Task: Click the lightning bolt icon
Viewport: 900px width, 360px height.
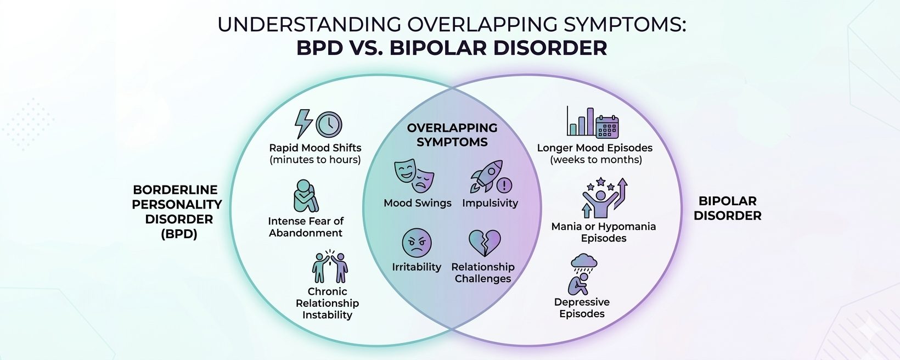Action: coord(303,123)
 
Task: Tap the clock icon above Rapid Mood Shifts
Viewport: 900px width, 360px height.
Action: coord(329,125)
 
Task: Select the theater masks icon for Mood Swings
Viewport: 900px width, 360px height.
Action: coord(414,176)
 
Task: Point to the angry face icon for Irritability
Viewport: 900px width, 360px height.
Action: coord(417,243)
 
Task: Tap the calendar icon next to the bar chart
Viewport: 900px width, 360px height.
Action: coord(607,126)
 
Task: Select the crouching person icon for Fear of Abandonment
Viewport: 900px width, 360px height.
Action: coord(305,196)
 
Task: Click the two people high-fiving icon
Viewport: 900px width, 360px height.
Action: coord(330,267)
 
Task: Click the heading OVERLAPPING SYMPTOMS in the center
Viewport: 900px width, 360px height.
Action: coord(452,135)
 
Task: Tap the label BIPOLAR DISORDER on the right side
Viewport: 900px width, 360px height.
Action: coord(727,208)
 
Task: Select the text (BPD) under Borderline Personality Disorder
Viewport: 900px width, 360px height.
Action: coord(179,234)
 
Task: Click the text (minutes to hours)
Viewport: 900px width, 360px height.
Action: coord(315,160)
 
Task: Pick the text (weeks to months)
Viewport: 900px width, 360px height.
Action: coord(595,160)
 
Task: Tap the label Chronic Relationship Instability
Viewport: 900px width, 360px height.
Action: coord(327,303)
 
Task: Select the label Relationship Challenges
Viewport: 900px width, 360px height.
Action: coord(483,273)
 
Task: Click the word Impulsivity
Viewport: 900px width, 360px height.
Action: coord(490,203)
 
